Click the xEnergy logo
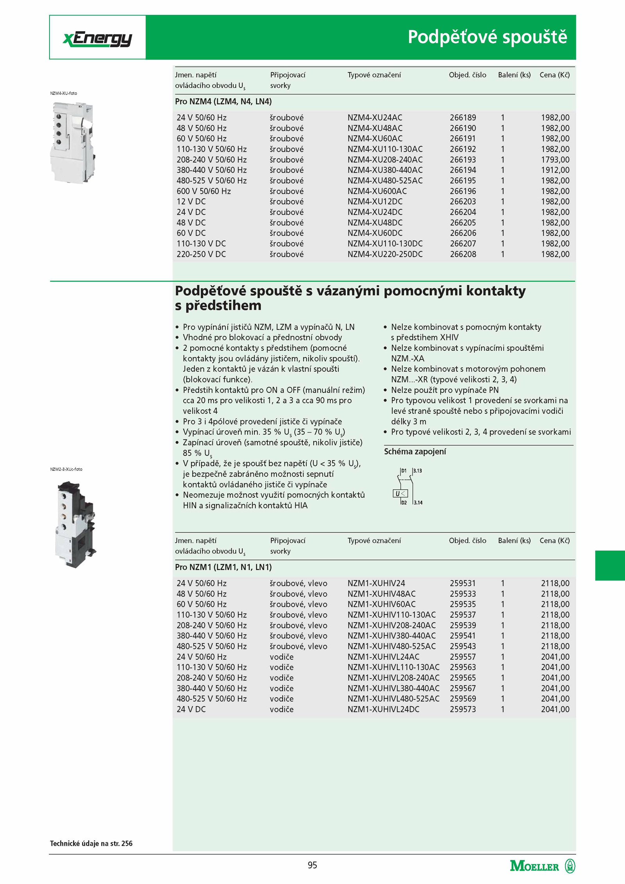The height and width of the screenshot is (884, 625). pos(98,39)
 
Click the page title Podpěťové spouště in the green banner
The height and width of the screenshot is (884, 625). pos(487,37)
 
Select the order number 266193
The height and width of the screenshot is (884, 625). pos(463,160)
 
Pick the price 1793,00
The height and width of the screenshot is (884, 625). pos(555,160)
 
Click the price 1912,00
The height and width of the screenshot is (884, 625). pos(555,170)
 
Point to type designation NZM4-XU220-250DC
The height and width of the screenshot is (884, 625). pos(385,254)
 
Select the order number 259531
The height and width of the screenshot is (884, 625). pos(462,584)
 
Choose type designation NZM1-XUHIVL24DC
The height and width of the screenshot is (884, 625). pos(383,709)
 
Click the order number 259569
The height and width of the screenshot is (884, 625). pos(462,699)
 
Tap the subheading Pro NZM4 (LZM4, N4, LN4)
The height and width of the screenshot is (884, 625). pos(223,102)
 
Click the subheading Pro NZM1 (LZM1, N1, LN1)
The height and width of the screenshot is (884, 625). pos(223,567)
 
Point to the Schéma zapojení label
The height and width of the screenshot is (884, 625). pos(415,452)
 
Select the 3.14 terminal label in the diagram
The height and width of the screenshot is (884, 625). pos(418,503)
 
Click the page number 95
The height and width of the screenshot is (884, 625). pos(312,865)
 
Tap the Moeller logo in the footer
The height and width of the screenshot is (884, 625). pos(542,866)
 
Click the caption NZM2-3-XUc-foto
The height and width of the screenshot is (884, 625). pos(66,470)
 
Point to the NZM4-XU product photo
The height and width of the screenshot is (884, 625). pos(73,142)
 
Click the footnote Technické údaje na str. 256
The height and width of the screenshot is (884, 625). pos(91,843)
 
